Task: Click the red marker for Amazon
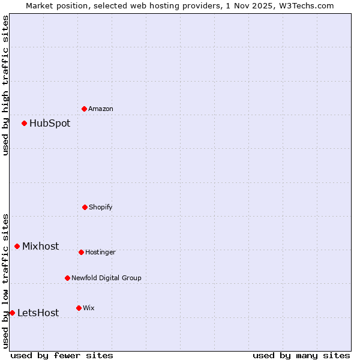85,109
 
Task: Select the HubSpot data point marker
25,123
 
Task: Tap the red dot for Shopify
85,207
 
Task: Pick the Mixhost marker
17,246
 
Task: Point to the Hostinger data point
81,252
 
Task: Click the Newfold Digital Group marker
67,278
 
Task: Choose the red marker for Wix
79,308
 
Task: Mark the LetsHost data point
12,313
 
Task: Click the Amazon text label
101,109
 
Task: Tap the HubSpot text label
50,124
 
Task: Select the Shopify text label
101,208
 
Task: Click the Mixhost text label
41,247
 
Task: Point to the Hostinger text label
100,253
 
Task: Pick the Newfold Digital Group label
106,278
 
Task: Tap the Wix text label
89,308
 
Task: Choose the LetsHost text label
38,313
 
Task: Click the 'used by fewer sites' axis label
62,356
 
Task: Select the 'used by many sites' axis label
301,356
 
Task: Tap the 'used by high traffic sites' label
5,85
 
